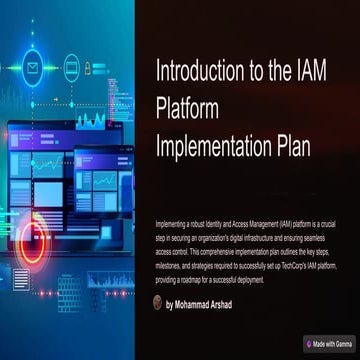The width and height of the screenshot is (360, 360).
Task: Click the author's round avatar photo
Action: (x=158, y=303)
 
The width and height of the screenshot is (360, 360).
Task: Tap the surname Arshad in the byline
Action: (x=247, y=304)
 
